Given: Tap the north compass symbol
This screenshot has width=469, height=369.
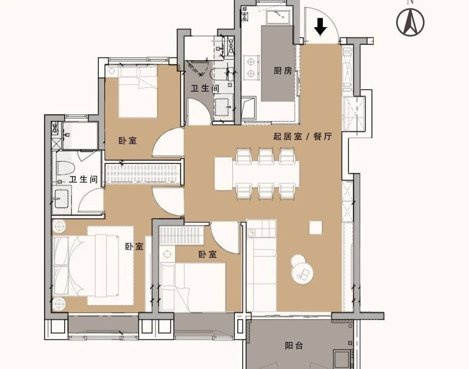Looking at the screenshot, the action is [x=410, y=22].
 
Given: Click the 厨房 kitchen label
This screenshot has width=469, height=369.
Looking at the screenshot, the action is [x=282, y=71].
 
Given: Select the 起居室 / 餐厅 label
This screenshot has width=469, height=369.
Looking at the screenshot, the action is [x=303, y=137].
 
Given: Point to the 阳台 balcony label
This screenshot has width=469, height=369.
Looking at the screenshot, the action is [x=294, y=346].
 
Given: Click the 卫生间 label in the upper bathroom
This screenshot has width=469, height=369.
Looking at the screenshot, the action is [x=205, y=88].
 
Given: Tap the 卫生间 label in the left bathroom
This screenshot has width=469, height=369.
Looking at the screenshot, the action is [x=84, y=179].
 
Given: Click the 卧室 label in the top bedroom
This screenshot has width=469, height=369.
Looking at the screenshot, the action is [x=128, y=141].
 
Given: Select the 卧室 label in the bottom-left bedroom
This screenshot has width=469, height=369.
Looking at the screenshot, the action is [x=134, y=247].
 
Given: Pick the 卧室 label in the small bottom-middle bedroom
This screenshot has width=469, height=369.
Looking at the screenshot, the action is [x=207, y=255].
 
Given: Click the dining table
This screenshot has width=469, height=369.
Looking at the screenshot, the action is [x=257, y=174].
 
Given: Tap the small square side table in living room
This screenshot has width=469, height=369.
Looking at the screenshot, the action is [x=316, y=228].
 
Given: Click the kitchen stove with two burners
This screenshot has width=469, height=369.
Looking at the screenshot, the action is [x=250, y=67].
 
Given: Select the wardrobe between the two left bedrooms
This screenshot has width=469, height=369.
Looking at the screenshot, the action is [x=143, y=173].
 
